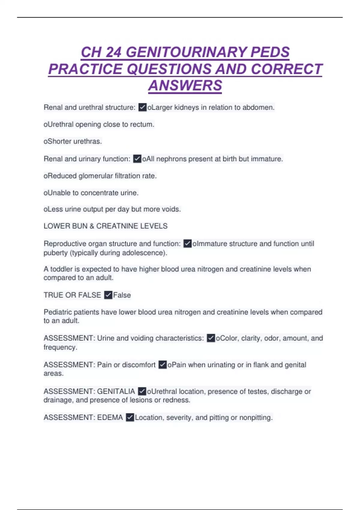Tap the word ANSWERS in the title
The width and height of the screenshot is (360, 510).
coord(185,85)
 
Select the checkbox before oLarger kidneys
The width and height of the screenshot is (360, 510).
coord(142,107)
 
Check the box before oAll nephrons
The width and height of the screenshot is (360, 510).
coord(137,159)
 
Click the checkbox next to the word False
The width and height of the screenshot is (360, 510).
coord(108,295)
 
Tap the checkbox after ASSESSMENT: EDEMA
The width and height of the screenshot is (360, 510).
coord(130,417)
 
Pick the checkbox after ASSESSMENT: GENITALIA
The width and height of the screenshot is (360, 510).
coord(142,391)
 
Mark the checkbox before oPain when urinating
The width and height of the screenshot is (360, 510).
coord(162,365)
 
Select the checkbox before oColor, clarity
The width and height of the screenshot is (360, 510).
coord(211,338)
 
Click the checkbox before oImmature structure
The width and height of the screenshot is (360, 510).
coord(187,244)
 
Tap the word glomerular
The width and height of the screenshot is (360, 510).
coord(96,176)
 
